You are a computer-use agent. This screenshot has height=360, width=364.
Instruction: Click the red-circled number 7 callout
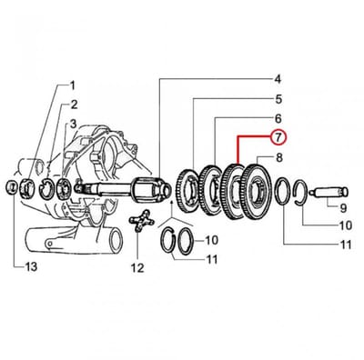pyautogui.click(x=278, y=137)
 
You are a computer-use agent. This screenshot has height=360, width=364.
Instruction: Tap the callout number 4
pyautogui.click(x=278, y=80)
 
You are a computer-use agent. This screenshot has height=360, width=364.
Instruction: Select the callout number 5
pyautogui.click(x=278, y=99)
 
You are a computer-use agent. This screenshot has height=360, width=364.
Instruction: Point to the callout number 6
pyautogui.click(x=278, y=118)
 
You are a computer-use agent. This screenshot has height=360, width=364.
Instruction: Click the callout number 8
pyautogui.click(x=279, y=157)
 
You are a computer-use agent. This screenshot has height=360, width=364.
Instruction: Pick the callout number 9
pyautogui.click(x=343, y=208)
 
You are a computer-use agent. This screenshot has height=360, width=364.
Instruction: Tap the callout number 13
pyautogui.click(x=30, y=266)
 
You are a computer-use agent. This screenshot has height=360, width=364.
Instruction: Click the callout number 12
pyautogui.click(x=137, y=268)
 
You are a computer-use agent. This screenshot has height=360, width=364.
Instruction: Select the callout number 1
pyautogui.click(x=72, y=85)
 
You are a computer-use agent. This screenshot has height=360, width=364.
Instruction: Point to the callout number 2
pyautogui.click(x=74, y=105)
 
